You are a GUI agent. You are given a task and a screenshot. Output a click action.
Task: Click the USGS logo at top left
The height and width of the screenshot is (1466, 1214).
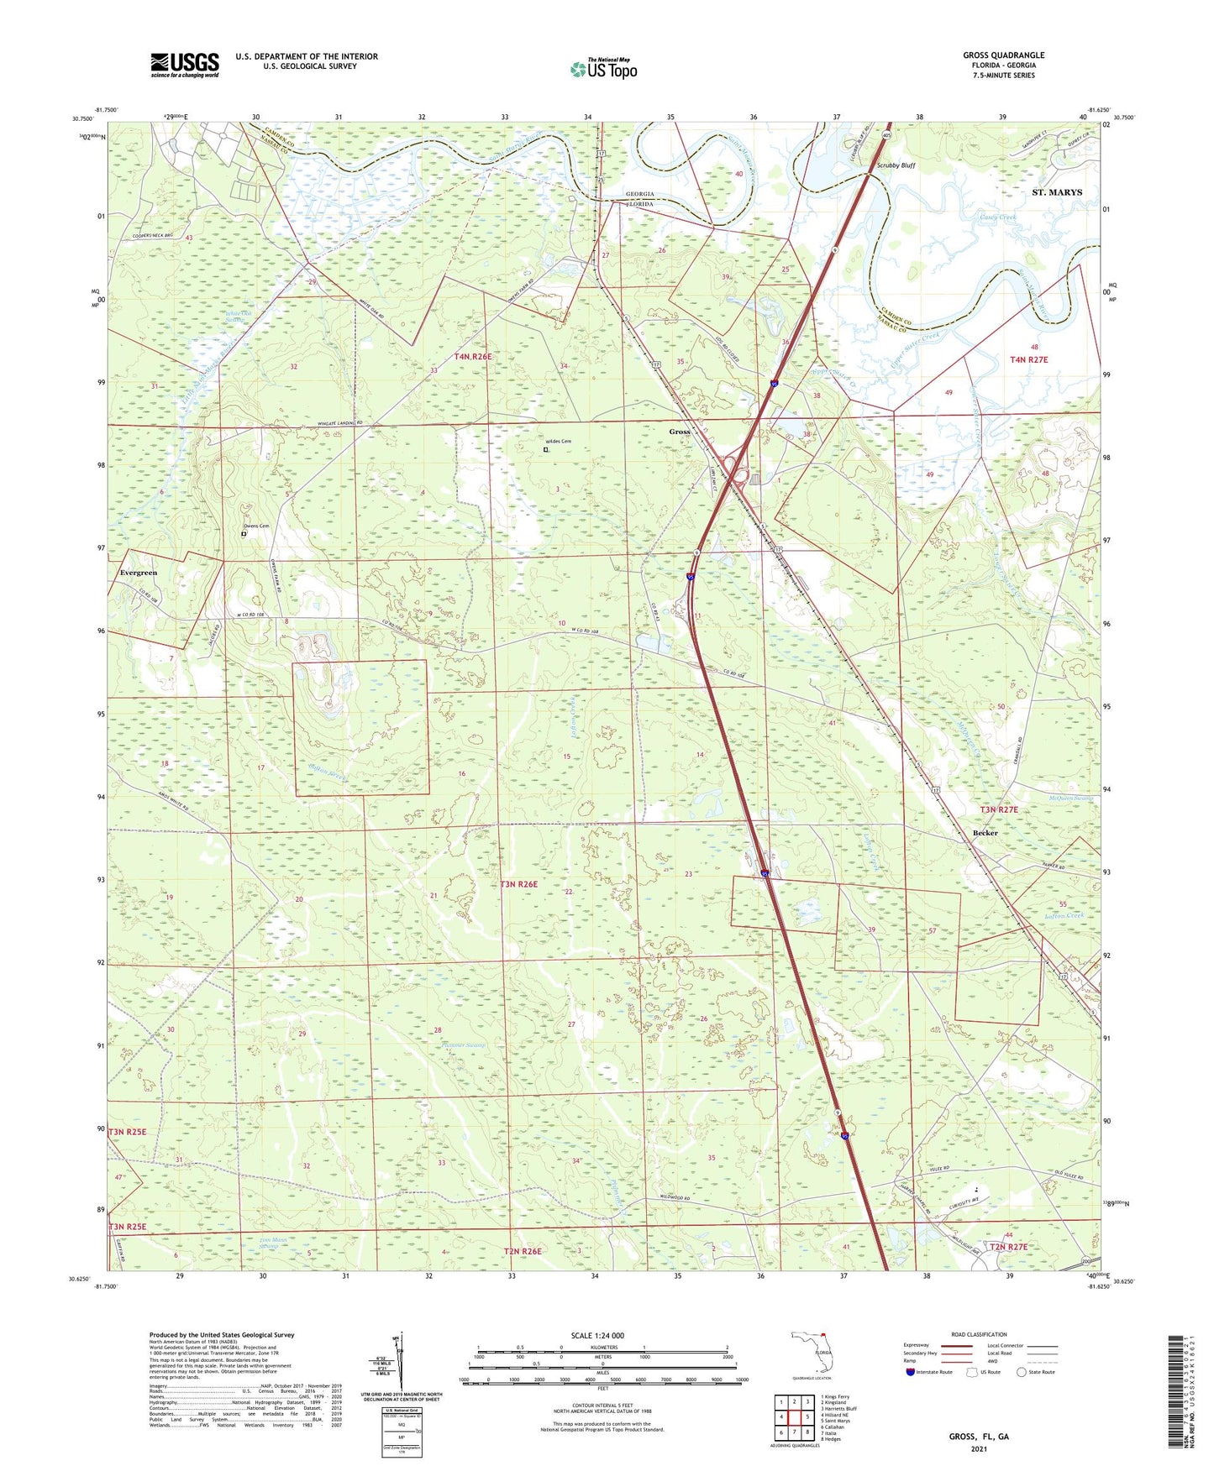(184, 65)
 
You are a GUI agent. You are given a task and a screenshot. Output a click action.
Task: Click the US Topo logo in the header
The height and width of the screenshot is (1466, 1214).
(603, 69)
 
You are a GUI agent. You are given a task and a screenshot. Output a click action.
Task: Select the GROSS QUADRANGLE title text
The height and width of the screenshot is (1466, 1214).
(1003, 55)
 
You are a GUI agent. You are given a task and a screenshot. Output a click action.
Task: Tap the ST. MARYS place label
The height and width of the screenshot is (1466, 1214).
(1056, 192)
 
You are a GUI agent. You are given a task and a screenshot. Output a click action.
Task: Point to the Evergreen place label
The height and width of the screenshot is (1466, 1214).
(139, 573)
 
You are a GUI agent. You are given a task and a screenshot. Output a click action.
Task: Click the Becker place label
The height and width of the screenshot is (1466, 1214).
(985, 833)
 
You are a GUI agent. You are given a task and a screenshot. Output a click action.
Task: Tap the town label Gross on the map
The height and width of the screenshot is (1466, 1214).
(679, 432)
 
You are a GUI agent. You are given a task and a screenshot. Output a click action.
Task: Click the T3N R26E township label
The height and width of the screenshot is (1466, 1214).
(518, 884)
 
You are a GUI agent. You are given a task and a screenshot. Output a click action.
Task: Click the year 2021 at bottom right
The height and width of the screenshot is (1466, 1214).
(979, 1448)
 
